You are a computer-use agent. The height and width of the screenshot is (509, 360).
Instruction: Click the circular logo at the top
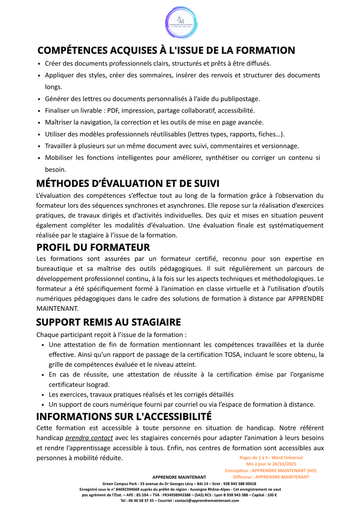(x=181, y=23)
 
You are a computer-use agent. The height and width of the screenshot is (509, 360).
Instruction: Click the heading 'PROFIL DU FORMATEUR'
(x=93, y=247)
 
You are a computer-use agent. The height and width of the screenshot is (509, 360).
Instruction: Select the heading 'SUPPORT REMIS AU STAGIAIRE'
(x=109, y=322)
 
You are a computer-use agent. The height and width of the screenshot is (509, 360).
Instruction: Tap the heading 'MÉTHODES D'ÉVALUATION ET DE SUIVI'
(x=128, y=183)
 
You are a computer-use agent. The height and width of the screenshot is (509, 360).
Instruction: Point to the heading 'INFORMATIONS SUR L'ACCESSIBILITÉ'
(x=124, y=416)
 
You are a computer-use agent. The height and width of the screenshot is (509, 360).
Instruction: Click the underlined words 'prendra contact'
(x=89, y=438)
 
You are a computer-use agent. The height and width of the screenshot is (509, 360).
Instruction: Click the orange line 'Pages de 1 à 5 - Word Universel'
(x=271, y=457)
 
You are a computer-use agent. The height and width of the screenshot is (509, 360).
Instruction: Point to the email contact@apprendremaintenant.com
(x=207, y=501)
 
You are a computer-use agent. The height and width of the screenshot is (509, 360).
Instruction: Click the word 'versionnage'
(x=281, y=146)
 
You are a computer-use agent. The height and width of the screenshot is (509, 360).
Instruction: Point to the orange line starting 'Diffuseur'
(x=271, y=477)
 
